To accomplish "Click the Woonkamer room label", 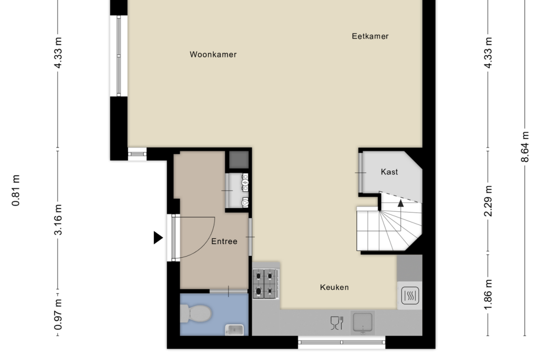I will click(213, 54).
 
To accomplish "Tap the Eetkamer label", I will click(370, 36).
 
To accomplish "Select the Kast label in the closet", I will click(389, 172).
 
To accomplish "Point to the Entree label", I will click(224, 241).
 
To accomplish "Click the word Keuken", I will click(334, 287).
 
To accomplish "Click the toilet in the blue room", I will click(195, 314).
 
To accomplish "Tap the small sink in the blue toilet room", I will click(234, 329).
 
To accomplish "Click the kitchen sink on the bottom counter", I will click(363, 322).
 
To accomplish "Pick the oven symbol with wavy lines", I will click(409, 295).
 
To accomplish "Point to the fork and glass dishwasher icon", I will click(337, 323).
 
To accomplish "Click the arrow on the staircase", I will click(401, 203).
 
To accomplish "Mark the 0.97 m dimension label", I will click(58, 315).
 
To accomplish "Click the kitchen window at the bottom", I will click(341, 342).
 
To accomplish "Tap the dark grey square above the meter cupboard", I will click(238, 159).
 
